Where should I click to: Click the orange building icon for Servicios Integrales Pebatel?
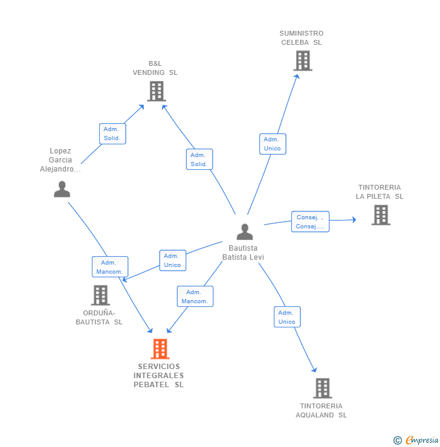[x=160, y=349]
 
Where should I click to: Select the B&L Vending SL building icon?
[x=156, y=91]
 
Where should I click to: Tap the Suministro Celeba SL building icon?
[x=302, y=60]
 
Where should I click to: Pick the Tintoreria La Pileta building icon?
[x=380, y=214]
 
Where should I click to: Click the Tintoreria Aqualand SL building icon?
[x=322, y=388]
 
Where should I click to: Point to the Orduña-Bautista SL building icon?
[x=100, y=295]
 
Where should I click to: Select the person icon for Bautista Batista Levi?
[x=244, y=232]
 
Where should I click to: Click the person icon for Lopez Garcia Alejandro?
[x=62, y=189]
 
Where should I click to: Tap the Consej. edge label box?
[x=310, y=222]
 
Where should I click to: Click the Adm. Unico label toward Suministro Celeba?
[x=272, y=144]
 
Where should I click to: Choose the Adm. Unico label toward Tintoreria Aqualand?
[x=286, y=317]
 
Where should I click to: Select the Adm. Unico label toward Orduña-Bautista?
[x=172, y=260]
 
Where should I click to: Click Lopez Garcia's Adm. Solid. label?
[x=112, y=133]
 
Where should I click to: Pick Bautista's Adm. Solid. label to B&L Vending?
[x=199, y=159]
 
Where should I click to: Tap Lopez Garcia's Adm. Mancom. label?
[x=109, y=267]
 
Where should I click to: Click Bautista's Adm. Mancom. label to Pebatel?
[x=195, y=297]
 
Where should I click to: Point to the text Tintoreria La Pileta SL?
[x=380, y=192]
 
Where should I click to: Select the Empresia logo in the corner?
[x=415, y=440]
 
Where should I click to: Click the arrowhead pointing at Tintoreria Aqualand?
[x=314, y=370]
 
